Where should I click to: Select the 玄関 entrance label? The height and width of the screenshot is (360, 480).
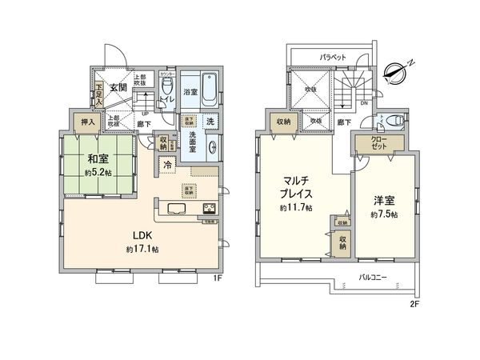tap(118, 87)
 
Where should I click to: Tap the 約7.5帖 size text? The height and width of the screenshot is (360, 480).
tap(383, 215)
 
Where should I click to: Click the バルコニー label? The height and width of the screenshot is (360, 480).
tap(372, 276)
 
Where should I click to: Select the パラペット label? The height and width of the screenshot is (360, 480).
tap(332, 58)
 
